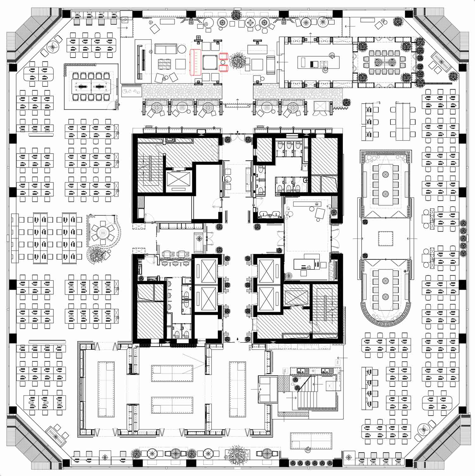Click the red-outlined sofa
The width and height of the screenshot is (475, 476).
(x=196, y=62)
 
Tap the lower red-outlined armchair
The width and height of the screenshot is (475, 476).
(x=224, y=68)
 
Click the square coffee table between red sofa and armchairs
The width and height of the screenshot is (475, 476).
(x=209, y=62)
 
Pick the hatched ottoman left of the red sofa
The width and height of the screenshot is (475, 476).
(x=164, y=63)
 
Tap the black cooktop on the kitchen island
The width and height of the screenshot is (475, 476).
(x=314, y=64)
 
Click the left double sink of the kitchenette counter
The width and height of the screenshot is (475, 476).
(x=302, y=370)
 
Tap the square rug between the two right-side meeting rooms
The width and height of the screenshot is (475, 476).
(x=385, y=238)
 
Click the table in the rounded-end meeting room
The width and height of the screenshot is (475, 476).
(x=385, y=289)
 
